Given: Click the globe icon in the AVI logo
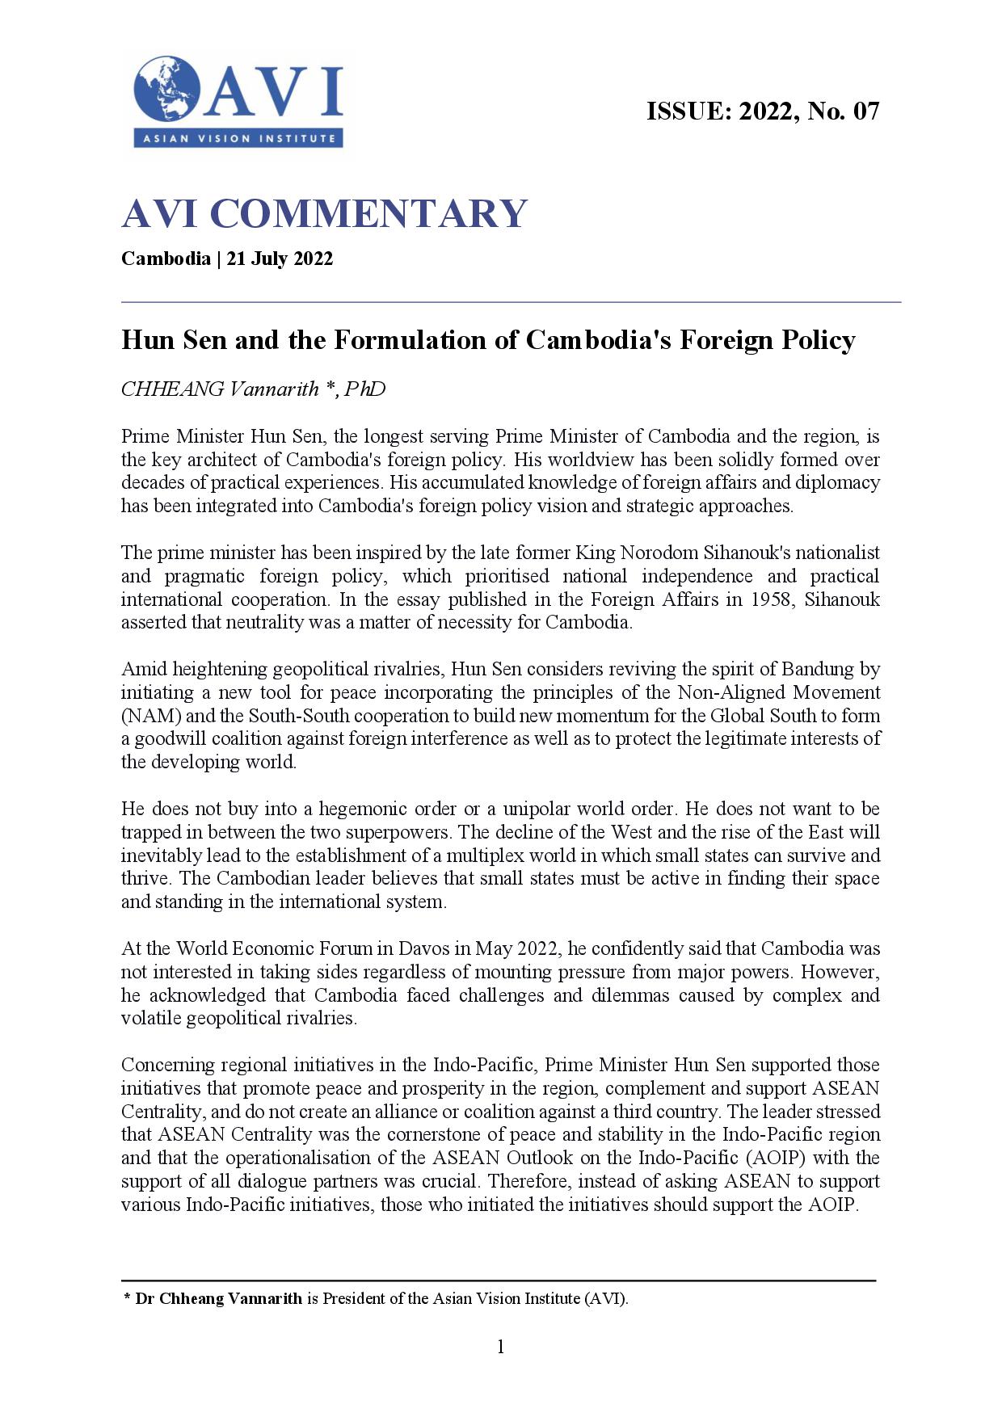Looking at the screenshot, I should pyautogui.click(x=167, y=88).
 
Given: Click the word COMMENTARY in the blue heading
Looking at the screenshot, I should pyautogui.click(x=369, y=213).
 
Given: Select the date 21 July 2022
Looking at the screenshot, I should pyautogui.click(x=280, y=259).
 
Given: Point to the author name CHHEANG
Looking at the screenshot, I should pyautogui.click(x=172, y=389).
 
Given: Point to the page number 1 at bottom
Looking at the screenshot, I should pyautogui.click(x=500, y=1347).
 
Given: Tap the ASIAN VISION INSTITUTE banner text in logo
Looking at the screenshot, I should pyautogui.click(x=239, y=139).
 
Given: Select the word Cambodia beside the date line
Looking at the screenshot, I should pyautogui.click(x=166, y=259).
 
